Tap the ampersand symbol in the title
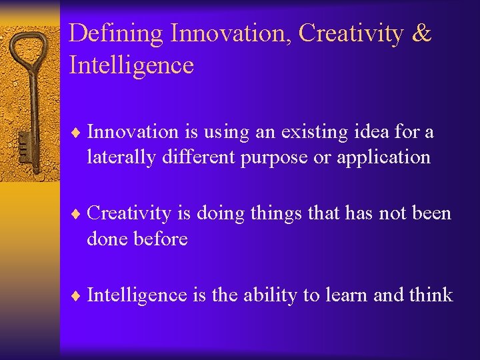click(421, 33)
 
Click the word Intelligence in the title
click(131, 65)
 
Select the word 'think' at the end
click(431, 295)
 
